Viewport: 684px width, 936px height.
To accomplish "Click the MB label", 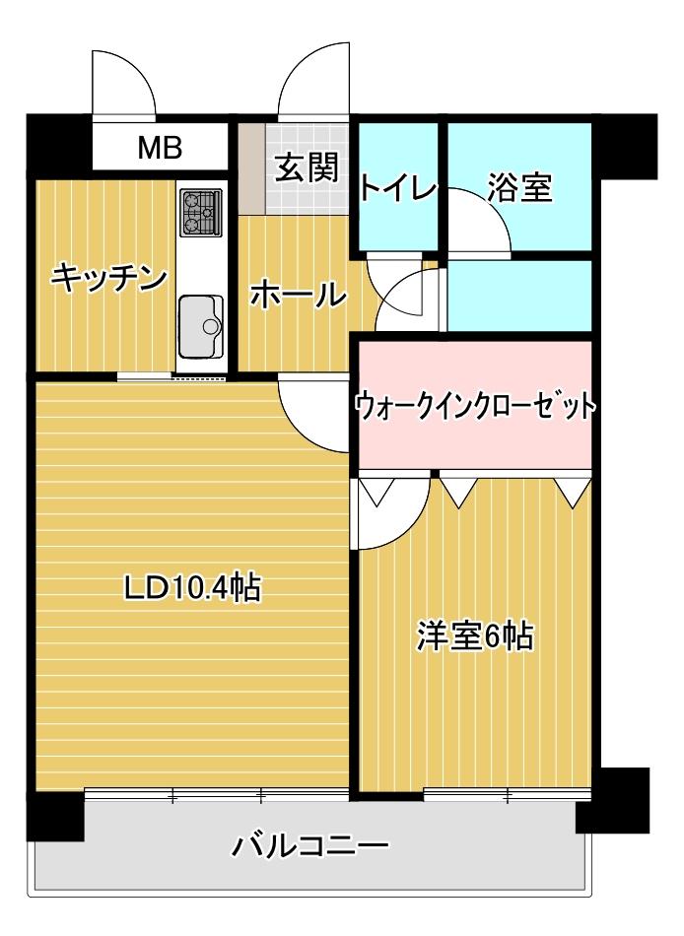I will [x=159, y=148].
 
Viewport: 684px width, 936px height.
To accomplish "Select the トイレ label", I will [x=397, y=187].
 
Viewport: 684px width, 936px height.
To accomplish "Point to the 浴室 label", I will [x=519, y=187].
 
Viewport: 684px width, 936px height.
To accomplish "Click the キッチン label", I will [x=107, y=279].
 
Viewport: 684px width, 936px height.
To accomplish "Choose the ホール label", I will [x=298, y=294].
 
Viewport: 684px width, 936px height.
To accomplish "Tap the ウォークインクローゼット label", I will [x=475, y=405].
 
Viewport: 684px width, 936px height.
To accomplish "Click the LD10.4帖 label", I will [x=191, y=588].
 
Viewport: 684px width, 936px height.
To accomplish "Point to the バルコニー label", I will [x=310, y=846].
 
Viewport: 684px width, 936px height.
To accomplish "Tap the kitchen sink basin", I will [x=202, y=322].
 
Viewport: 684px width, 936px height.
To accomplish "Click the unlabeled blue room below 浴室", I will [x=519, y=295].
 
